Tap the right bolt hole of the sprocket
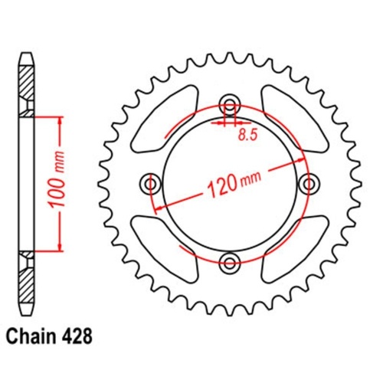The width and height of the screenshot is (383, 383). click(309, 184)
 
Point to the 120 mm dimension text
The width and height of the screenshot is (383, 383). click(230, 182)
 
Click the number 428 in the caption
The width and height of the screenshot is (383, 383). click(83, 336)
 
